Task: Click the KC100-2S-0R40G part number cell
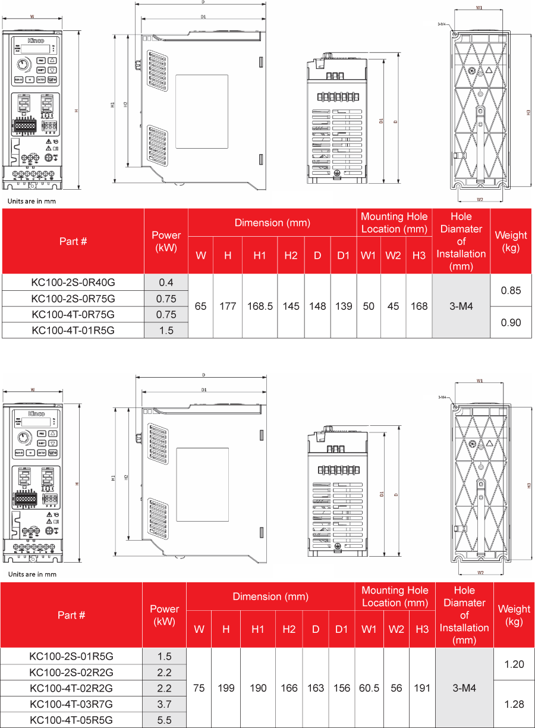(73, 282)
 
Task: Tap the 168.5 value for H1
(260, 306)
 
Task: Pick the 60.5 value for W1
(369, 688)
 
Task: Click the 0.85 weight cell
(511, 290)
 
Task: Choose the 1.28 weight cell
(514, 704)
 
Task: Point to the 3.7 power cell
(164, 704)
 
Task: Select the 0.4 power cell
(166, 282)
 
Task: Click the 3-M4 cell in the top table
(461, 306)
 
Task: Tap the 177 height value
(228, 306)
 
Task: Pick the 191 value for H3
(422, 688)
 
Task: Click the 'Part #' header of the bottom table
(71, 615)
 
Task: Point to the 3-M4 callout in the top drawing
(442, 24)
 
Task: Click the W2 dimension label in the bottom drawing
(480, 572)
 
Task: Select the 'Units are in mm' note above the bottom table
(32, 574)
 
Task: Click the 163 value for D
(316, 688)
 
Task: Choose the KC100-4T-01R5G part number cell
(73, 330)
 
